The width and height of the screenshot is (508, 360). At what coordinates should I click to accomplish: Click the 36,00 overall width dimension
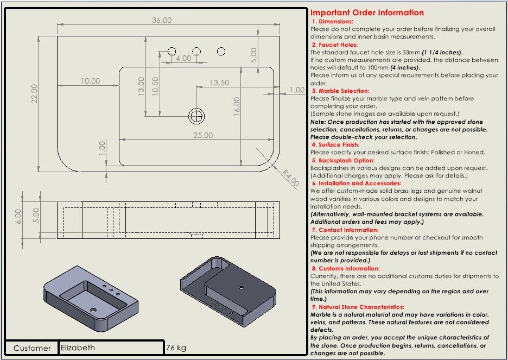162,20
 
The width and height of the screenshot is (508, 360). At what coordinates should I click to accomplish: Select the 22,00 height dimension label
34,93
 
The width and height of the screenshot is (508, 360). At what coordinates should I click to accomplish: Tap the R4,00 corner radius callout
291,178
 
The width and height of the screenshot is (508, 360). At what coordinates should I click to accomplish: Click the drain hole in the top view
196,115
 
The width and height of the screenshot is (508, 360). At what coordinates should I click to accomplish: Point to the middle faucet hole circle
196,51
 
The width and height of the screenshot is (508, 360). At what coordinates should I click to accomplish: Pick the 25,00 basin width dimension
204,135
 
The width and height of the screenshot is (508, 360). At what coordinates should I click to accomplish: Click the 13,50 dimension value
219,83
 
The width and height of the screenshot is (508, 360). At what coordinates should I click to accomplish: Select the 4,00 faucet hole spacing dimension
183,58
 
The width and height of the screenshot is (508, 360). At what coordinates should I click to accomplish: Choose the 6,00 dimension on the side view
18,216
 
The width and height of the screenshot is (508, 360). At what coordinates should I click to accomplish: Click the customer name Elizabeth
78,348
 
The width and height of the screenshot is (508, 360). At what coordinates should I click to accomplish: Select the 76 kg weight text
176,348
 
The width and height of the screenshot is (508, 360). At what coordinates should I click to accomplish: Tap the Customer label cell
32,348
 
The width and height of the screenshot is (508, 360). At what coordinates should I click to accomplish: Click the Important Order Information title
367,12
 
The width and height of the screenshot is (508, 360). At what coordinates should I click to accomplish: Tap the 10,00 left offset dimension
91,81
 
